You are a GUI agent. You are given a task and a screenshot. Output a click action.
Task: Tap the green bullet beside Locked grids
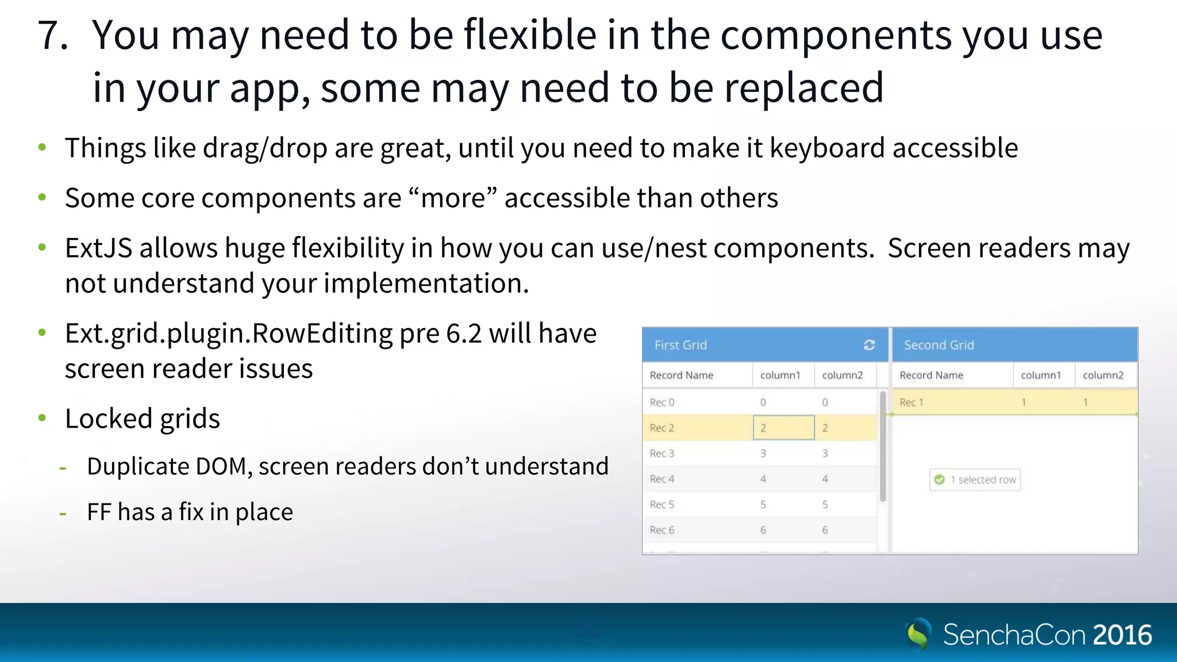(x=42, y=418)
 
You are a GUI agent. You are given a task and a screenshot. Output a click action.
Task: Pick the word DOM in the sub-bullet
(x=221, y=466)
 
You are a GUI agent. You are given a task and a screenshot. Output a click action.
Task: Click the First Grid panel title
(x=680, y=345)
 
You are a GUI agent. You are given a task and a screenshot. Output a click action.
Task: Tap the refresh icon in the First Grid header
(x=869, y=345)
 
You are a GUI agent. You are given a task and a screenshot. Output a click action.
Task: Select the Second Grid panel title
(x=938, y=345)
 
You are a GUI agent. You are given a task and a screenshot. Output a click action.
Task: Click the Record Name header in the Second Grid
(x=931, y=375)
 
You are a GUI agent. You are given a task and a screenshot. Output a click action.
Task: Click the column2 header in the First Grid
(x=842, y=375)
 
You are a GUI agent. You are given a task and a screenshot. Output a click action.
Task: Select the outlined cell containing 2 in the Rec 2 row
(x=783, y=428)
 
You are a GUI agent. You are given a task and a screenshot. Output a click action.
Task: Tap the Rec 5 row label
(x=661, y=505)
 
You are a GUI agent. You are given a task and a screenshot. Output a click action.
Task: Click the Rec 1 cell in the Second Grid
(x=911, y=402)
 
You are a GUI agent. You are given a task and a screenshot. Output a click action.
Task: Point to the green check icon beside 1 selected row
(x=939, y=479)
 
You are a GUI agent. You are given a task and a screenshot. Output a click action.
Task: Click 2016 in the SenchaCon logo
(x=1122, y=635)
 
